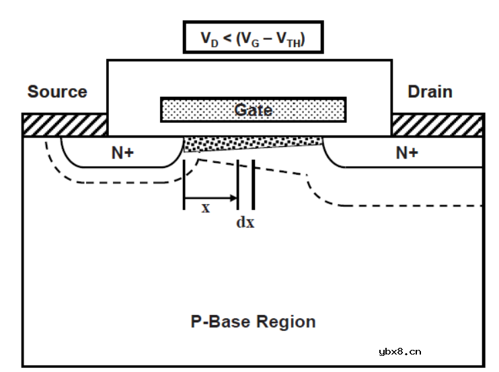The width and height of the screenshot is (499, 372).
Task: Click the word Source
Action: (57, 91)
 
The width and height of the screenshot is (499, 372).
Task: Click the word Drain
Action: (430, 91)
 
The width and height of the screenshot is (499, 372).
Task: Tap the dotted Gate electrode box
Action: (253, 109)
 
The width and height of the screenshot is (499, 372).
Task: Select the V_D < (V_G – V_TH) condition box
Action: (252, 38)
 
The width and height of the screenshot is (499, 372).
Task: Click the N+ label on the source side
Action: (122, 153)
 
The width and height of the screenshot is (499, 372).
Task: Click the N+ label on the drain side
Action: (406, 153)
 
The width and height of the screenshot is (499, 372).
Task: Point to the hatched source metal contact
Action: (65, 125)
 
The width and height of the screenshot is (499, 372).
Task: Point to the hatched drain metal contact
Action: (438, 125)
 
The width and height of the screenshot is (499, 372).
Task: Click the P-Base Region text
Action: (253, 322)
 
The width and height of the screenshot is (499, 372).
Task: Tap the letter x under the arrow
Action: (206, 208)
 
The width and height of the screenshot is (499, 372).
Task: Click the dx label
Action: (245, 222)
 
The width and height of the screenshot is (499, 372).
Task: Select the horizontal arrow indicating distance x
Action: (211, 197)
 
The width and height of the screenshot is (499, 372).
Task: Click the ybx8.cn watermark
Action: (400, 351)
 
